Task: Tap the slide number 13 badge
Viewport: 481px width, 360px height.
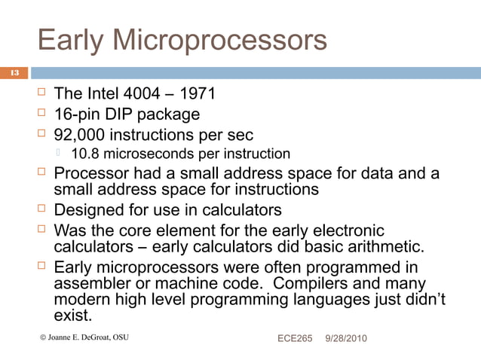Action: pos(14,73)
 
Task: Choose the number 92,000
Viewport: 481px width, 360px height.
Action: pos(82,136)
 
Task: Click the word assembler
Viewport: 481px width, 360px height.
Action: pos(93,283)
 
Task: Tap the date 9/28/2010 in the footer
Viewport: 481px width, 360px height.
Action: pos(346,338)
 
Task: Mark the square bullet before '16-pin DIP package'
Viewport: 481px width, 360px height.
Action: pos(42,114)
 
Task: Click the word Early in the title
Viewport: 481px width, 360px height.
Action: pos(70,40)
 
